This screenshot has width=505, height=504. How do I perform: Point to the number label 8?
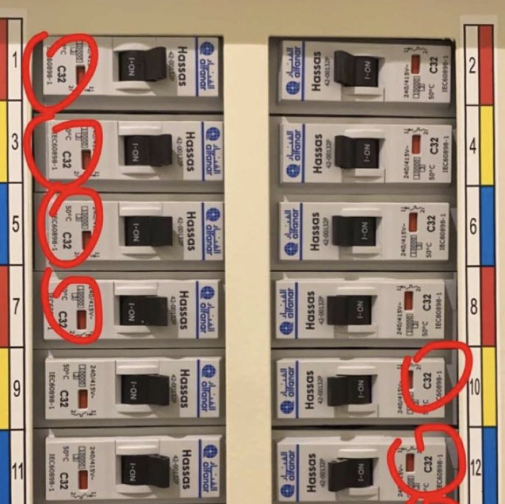473,307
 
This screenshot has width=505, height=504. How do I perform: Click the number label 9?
16,387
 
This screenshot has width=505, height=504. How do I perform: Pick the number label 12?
476,469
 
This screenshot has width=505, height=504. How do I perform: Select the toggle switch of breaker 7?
145,311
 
